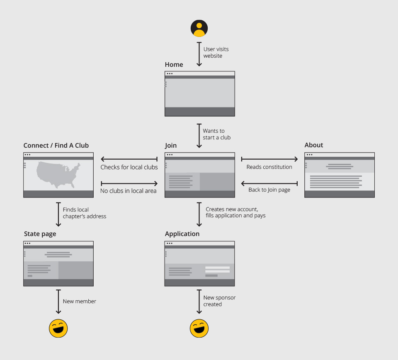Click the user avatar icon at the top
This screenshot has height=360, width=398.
(199, 28)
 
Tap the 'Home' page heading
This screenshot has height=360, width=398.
(174, 64)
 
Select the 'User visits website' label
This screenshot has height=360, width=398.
(216, 52)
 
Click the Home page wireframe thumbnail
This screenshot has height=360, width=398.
(200, 94)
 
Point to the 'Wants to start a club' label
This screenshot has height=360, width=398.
(216, 134)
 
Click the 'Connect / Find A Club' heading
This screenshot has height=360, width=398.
(56, 145)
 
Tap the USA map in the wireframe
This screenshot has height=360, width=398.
(58, 175)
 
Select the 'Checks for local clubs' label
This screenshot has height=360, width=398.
(129, 167)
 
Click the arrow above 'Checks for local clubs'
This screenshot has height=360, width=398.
(129, 159)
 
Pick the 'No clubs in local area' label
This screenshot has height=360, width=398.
(129, 191)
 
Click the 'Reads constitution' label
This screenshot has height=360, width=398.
(269, 167)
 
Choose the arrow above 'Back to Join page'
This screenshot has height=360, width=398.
(269, 183)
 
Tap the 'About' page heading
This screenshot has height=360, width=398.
(314, 145)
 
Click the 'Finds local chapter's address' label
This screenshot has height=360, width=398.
(85, 213)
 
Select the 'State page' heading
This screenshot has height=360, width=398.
(40, 234)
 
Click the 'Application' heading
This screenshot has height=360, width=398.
(182, 234)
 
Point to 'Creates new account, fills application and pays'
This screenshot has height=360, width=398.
(235, 212)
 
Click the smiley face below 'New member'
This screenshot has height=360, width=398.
(58, 328)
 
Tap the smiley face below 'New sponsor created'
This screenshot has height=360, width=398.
(199, 328)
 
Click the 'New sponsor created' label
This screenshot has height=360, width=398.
(219, 301)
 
